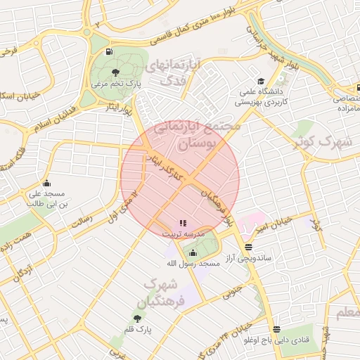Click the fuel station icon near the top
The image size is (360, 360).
click(108, 52)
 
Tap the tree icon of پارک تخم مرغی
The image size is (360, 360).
click(115, 72)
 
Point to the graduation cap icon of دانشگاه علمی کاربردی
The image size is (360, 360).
click(262, 82)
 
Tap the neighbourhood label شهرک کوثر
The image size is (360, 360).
click(324, 142)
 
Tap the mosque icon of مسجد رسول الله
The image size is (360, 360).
click(193, 253)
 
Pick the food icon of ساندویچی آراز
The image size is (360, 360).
click(248, 247)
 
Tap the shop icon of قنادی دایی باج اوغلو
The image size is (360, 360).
click(276, 329)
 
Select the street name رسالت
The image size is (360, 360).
click(83, 221)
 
